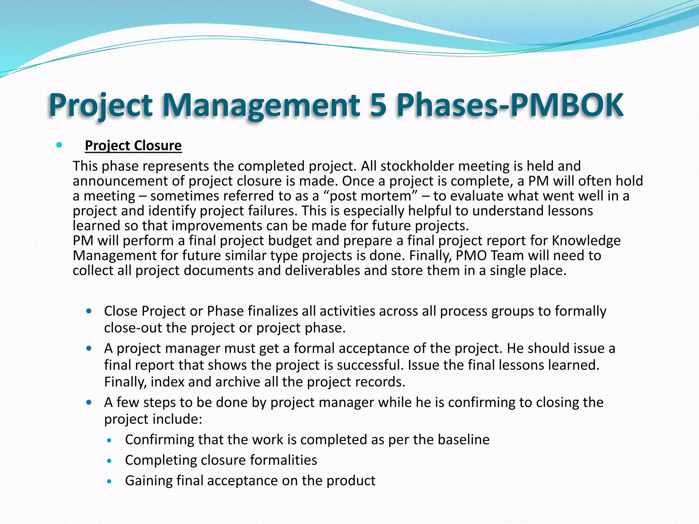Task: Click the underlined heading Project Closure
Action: click(133, 146)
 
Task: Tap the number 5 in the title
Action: click(378, 105)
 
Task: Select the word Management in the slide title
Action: click(261, 105)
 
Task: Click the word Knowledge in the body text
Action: click(586, 241)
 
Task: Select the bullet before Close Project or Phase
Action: click(89, 311)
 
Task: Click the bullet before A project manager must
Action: click(89, 348)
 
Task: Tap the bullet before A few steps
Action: click(89, 403)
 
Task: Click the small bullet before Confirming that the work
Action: click(109, 440)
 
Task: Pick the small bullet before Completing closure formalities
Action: click(109, 461)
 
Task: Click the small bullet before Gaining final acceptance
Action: click(109, 481)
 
